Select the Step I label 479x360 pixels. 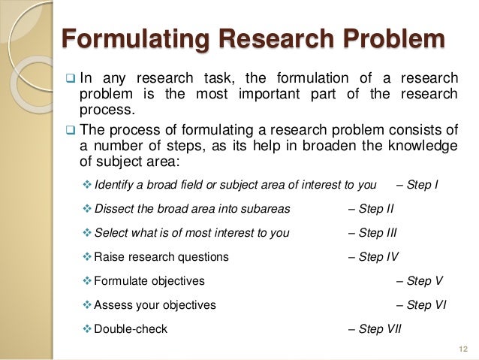(x=421, y=184)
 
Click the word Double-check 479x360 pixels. (x=131, y=328)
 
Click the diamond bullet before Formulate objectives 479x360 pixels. (x=86, y=280)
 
